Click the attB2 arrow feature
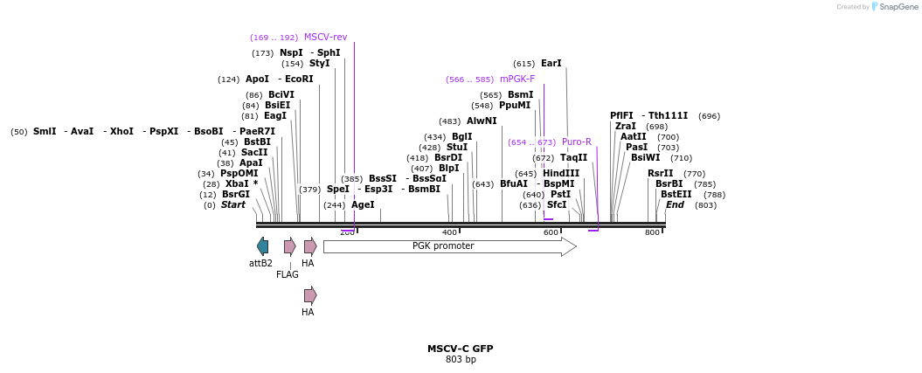coord(262,246)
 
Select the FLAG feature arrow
coord(289,246)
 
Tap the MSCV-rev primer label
coord(325,38)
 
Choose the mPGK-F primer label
coord(516,79)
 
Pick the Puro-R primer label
coord(576,142)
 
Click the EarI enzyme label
coord(551,64)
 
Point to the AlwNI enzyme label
coord(481,121)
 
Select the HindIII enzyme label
coord(560,174)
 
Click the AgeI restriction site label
coord(363,205)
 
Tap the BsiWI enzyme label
coord(645,158)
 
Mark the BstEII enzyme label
coord(676,195)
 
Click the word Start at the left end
coord(232,205)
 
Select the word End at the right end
coord(675,205)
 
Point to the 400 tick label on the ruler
coord(450,232)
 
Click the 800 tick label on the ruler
coord(652,232)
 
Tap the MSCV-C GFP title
coord(460,349)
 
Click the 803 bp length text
coord(461,360)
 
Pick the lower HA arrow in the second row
coord(310,295)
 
